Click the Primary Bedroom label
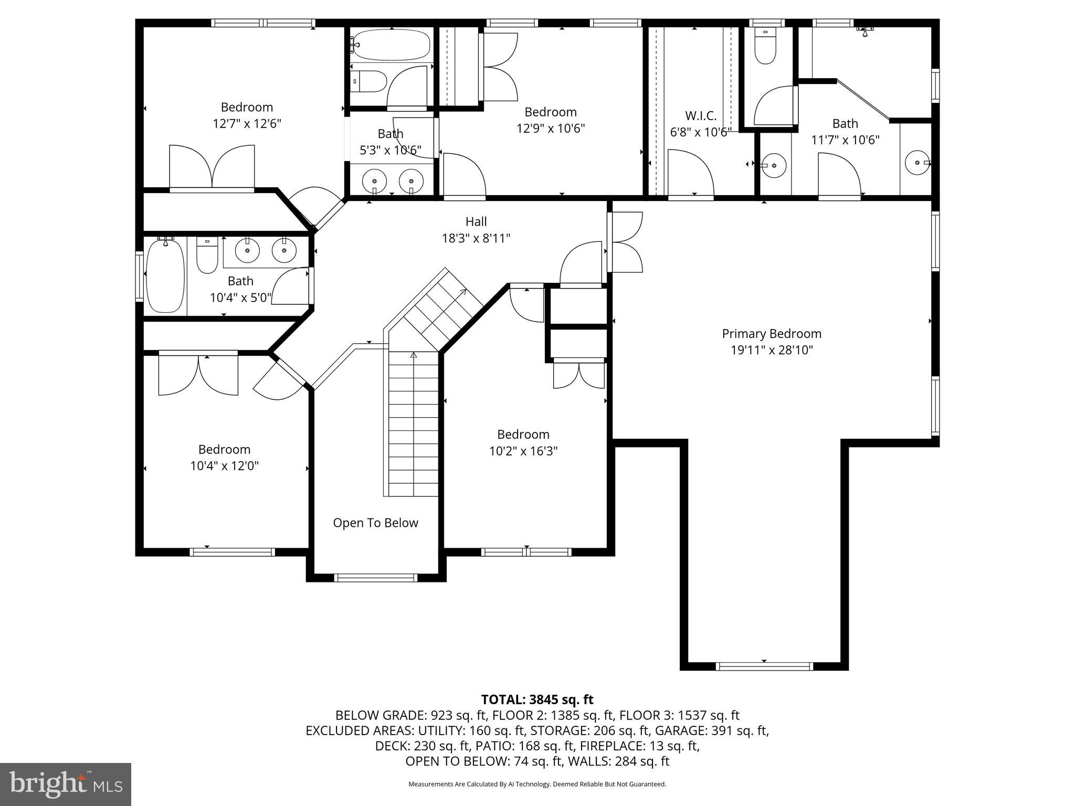click(x=771, y=334)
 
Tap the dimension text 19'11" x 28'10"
click(x=771, y=351)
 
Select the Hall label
click(x=476, y=221)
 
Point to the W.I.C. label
click(x=700, y=116)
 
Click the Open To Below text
click(x=375, y=523)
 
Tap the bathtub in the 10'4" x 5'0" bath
click(x=165, y=276)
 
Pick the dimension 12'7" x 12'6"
click(x=247, y=124)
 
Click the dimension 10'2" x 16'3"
click(x=523, y=451)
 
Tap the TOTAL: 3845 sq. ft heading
click(x=537, y=699)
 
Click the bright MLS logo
click(x=65, y=784)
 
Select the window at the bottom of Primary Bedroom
click(x=764, y=666)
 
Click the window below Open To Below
click(x=375, y=578)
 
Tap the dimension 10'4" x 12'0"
click(x=224, y=466)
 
